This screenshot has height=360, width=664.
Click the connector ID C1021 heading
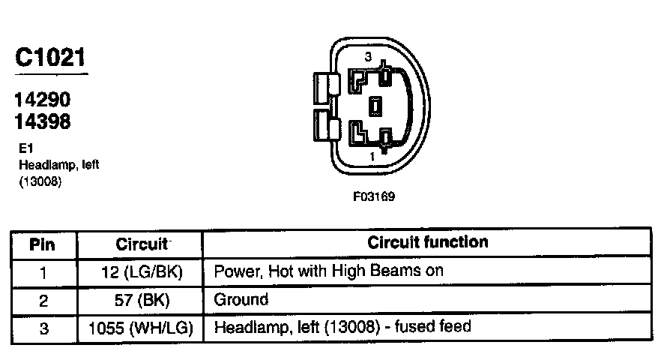pos(50,58)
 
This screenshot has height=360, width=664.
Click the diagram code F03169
pos(374,197)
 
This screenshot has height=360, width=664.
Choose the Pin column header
pos(43,244)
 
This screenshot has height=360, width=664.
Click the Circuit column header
pos(140,244)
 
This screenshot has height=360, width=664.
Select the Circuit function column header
pos(427,242)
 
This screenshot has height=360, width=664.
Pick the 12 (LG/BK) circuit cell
pos(140,271)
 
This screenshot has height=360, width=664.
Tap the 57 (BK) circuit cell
pos(140,299)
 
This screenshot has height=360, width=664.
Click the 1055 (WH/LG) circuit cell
pos(140,328)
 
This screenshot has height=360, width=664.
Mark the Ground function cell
pos(241,299)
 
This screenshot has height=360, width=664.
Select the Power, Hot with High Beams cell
pos(329,271)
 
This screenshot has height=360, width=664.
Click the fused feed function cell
pos(342,328)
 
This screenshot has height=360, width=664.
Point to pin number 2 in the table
pos(43,299)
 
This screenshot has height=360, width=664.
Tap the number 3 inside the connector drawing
pos(367,57)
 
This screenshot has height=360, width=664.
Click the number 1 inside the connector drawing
pos(372,157)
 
